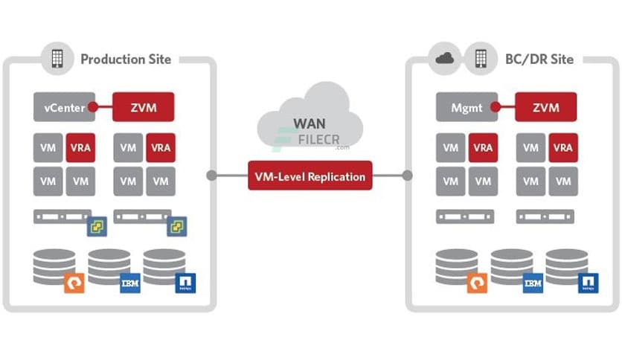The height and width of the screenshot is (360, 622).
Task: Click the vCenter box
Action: coord(64,107)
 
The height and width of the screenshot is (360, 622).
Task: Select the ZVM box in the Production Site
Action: coord(143,107)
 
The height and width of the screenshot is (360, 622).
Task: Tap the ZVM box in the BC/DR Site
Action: coord(545,107)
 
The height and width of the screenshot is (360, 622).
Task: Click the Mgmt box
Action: coord(467,107)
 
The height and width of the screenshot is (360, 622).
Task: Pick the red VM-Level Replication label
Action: coord(310,176)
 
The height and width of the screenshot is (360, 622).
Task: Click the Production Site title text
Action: coord(126,59)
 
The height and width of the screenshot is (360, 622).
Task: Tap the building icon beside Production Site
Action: coord(57,59)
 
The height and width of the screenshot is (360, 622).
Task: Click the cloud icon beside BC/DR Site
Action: coord(444,59)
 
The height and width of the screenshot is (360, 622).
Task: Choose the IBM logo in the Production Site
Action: coord(130,283)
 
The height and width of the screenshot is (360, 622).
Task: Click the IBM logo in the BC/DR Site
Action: coord(533,283)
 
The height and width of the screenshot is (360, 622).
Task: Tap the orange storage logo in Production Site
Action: coord(74,283)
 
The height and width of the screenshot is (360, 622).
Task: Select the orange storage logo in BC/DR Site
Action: coord(476,283)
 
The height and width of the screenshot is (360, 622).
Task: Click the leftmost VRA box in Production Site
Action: coord(80,148)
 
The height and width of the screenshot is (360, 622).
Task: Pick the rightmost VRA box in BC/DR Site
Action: coord(563,148)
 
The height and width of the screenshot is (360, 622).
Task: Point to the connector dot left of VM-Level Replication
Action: coord(212,176)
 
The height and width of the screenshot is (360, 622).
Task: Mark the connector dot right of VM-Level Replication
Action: coord(407,176)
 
